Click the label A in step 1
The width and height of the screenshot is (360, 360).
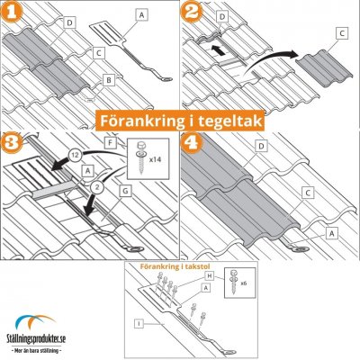click(x=142, y=15)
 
